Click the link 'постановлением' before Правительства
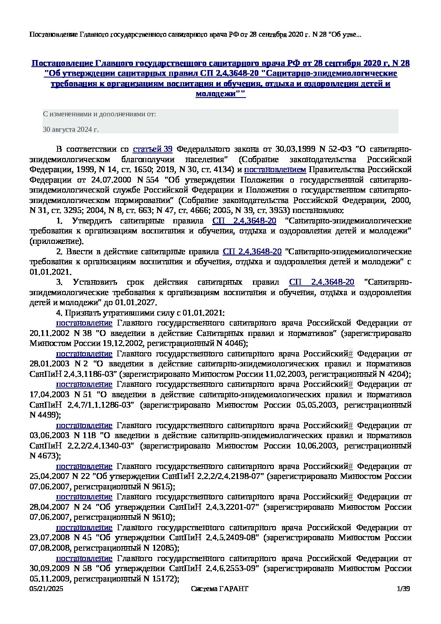click(275, 170)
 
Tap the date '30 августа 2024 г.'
click(71, 130)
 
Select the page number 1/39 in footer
click(404, 589)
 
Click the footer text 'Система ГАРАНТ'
click(219, 589)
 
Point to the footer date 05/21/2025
click(46, 589)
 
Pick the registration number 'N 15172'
click(161, 579)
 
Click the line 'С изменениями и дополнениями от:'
click(99, 114)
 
